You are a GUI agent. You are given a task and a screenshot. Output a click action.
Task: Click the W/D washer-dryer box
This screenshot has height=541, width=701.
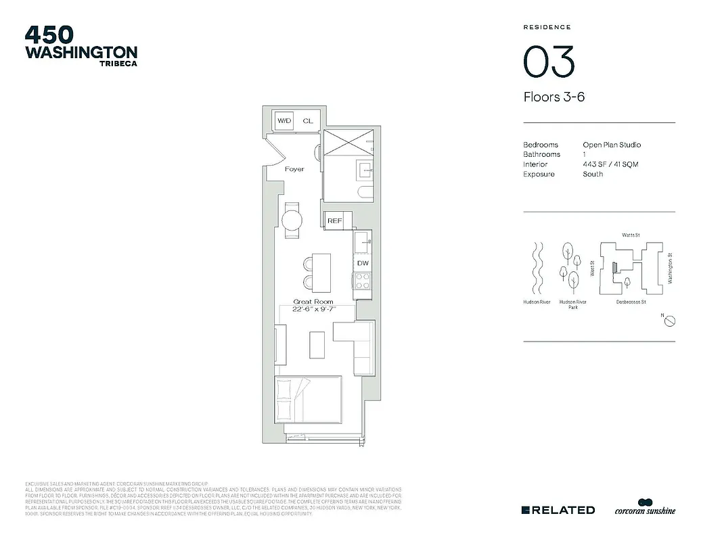(x=284, y=121)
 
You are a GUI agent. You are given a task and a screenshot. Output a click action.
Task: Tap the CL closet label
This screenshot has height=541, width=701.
(x=308, y=121)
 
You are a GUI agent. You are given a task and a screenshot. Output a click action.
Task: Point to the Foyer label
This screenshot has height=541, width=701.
(x=294, y=169)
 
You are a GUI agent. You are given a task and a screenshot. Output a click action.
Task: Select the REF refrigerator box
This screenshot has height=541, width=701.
(x=334, y=221)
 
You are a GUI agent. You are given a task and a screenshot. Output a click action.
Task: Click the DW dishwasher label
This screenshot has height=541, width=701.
(x=363, y=263)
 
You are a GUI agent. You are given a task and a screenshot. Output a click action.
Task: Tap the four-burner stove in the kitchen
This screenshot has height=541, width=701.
(x=363, y=280)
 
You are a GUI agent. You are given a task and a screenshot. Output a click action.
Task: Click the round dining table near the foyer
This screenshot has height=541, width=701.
(x=292, y=220)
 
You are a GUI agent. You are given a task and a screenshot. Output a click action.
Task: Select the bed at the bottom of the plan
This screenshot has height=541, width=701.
(x=309, y=400)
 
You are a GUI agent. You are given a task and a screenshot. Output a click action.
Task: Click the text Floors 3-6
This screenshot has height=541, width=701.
(x=553, y=97)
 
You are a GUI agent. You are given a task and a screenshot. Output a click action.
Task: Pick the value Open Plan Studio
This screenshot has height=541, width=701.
(x=612, y=145)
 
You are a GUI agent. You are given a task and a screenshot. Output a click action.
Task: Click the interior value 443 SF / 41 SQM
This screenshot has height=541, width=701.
(x=610, y=164)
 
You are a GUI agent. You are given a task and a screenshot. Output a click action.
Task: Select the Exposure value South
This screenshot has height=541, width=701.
(x=593, y=174)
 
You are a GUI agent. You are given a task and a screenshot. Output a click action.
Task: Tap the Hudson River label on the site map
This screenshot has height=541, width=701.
(x=537, y=302)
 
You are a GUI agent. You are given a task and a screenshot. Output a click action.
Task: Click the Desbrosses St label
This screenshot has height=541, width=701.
(x=631, y=302)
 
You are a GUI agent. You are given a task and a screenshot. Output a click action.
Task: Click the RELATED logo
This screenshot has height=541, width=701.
(x=558, y=510)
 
